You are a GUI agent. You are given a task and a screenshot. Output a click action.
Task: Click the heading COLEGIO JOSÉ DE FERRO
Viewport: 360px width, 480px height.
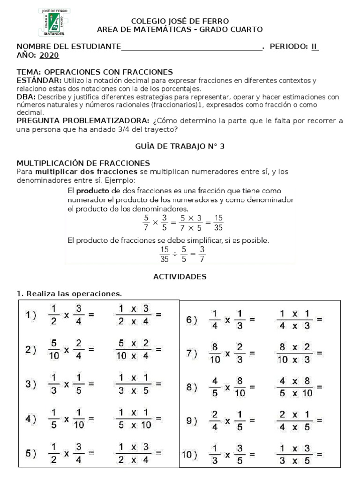180,21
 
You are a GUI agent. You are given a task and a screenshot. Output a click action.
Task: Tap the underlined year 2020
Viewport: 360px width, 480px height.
49,55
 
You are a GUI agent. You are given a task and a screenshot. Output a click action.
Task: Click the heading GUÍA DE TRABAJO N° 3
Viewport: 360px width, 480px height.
180,146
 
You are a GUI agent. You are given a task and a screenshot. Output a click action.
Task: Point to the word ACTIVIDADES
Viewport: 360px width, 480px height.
180,277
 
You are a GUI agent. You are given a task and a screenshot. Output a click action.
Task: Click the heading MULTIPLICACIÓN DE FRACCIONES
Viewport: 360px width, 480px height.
83,163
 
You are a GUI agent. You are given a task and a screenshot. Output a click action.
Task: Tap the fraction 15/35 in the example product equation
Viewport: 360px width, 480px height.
218,223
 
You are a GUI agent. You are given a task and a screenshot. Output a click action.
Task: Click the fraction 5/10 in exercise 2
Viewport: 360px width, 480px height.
54,349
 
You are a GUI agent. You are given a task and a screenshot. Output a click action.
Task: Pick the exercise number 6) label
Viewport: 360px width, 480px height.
192,320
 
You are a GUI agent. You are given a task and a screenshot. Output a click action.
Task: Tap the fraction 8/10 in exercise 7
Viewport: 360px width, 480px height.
215,354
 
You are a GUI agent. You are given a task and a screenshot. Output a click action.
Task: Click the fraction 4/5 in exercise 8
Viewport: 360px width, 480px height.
215,387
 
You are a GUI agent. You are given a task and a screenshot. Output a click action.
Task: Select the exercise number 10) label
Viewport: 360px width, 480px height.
190,454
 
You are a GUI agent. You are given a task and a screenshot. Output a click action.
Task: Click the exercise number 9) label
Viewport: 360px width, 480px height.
192,421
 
